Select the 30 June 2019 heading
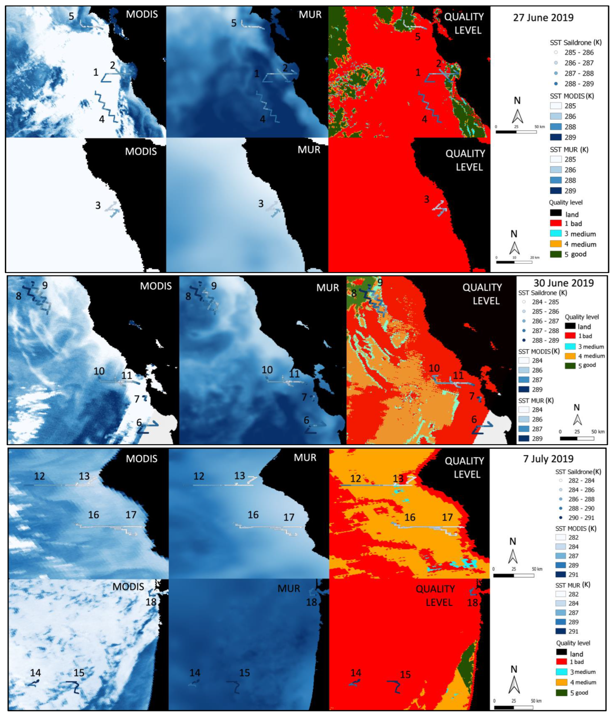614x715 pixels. (564, 283)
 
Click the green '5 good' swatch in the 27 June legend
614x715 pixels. (556, 254)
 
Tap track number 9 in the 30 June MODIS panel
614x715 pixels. (45, 285)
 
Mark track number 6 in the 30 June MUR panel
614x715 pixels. (306, 420)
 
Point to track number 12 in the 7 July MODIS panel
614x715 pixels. (39, 476)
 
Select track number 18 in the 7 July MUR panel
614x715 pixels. (311, 602)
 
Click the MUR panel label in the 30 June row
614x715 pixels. (327, 287)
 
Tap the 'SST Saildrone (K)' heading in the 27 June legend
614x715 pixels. (575, 42)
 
